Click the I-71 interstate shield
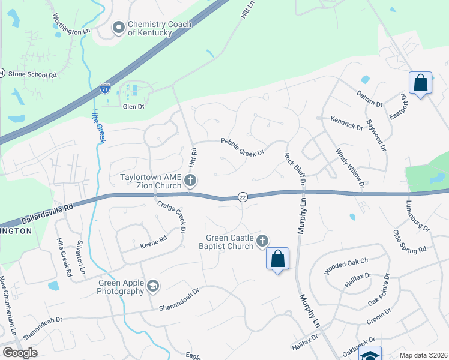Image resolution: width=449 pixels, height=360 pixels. [105, 88]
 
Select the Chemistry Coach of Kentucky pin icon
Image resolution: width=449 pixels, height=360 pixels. [119, 27]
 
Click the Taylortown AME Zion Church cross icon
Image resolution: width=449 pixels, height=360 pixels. [190, 179]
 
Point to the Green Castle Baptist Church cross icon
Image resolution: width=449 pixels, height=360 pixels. [262, 241]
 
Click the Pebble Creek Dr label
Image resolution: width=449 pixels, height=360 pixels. [243, 147]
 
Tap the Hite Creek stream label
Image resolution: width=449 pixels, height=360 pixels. [98, 126]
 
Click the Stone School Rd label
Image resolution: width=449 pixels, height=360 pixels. [33, 76]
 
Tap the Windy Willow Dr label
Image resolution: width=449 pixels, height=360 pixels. [350, 168]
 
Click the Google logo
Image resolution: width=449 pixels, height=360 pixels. [20, 353]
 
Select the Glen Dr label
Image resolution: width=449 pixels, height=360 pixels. [133, 107]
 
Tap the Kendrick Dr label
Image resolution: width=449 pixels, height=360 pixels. [347, 124]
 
